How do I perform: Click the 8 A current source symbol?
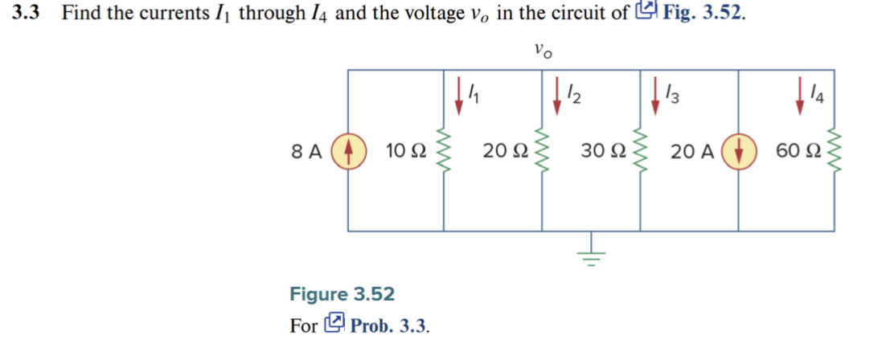tap(347, 150)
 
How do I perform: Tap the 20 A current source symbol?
tap(737, 150)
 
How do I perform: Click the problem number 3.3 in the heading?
tap(27, 14)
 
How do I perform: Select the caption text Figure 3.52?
tap(342, 294)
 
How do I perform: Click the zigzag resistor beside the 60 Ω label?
tap(835, 150)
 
